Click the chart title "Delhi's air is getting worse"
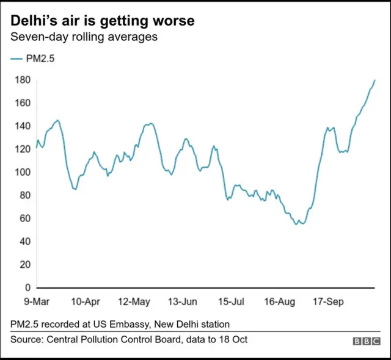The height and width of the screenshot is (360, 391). click(x=103, y=21)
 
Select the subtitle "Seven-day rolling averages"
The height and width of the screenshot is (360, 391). click(x=84, y=37)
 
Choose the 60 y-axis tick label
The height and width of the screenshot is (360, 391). click(x=24, y=218)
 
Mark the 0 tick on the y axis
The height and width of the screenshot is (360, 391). click(x=27, y=287)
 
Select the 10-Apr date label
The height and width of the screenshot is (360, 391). click(x=86, y=301)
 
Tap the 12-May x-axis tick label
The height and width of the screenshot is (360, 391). click(x=134, y=301)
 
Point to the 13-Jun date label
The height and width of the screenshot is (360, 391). click(x=182, y=301)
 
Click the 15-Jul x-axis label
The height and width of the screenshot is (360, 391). click(x=231, y=301)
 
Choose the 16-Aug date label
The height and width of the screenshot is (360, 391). click(x=279, y=301)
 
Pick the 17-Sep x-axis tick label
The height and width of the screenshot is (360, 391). click(x=327, y=301)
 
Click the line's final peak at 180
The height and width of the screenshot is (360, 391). click(x=375, y=80)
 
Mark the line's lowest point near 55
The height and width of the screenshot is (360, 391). click(x=297, y=225)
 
